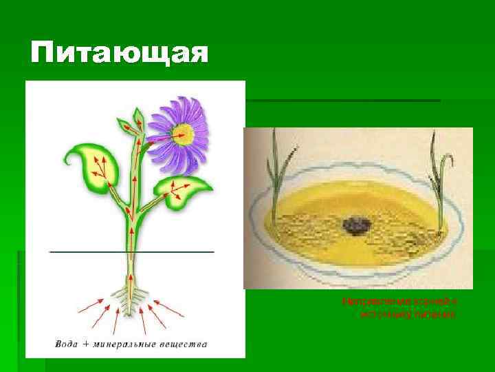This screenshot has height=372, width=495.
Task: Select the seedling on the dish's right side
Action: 437,180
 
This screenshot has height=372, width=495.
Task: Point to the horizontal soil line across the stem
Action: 82,252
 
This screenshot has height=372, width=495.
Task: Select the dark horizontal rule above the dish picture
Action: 344,101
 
